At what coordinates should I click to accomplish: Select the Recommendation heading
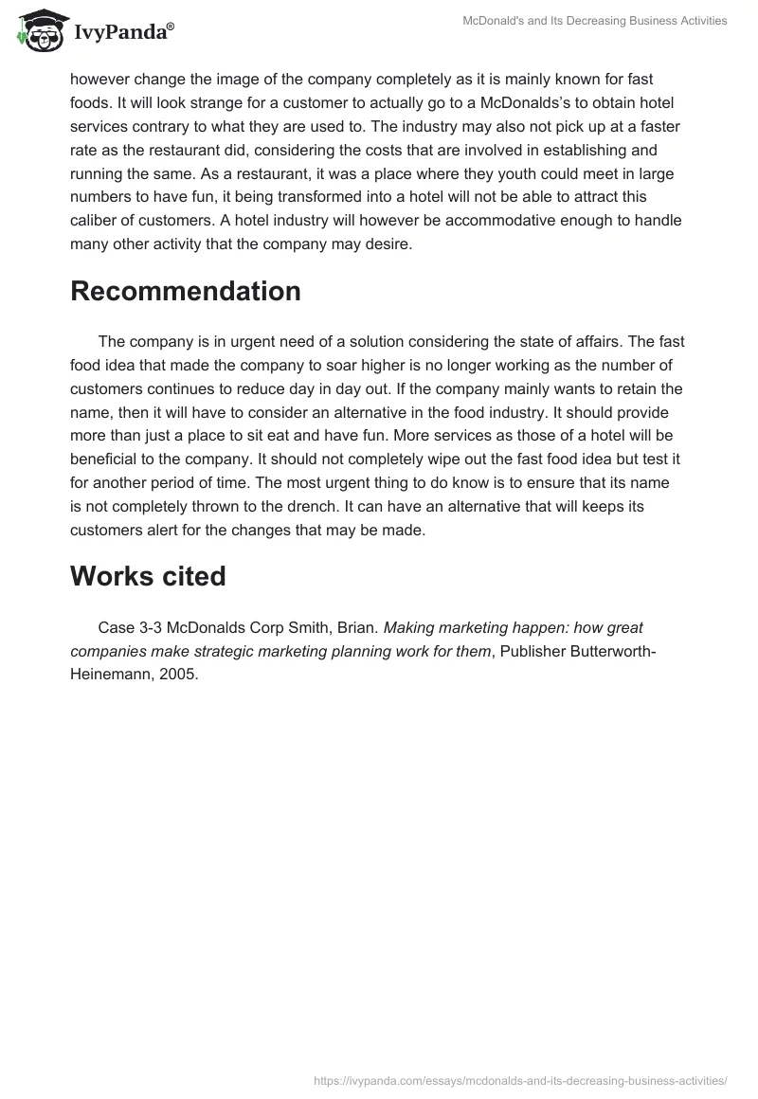pos(186,292)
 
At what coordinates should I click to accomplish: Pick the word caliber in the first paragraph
pos(98,221)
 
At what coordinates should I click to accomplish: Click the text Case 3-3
pos(129,626)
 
